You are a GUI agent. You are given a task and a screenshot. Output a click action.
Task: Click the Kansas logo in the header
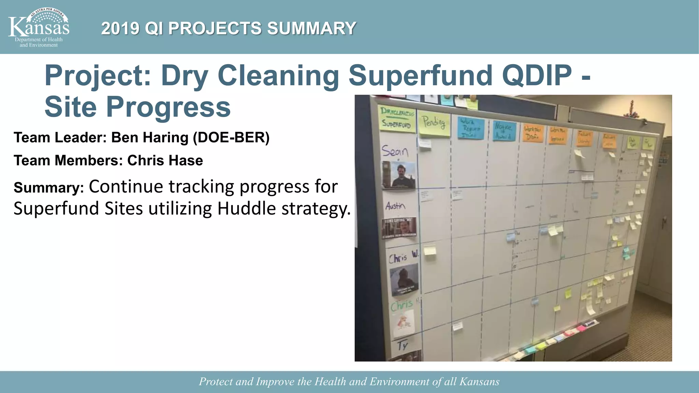pos(39,27)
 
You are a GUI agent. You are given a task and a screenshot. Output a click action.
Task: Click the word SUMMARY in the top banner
pos(311,28)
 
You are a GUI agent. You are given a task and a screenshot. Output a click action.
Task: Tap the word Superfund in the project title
pos(420,75)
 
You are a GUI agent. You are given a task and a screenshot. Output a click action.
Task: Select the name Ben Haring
pos(149,137)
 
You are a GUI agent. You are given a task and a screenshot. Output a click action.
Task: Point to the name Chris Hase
pos(165,160)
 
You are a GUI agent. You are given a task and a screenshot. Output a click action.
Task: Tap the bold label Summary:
pos(48,188)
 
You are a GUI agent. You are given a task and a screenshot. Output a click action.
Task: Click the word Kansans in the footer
pos(479,381)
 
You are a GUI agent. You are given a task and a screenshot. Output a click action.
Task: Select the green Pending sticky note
pos(434,123)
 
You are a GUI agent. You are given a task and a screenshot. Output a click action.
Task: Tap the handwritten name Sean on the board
pos(395,151)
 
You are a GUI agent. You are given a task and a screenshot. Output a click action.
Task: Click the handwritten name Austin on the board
pos(395,206)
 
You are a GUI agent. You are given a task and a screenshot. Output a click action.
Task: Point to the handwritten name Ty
pos(403,345)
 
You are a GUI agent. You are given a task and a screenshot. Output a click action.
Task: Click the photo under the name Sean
pos(399,175)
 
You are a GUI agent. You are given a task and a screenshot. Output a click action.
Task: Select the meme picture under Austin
pos(399,228)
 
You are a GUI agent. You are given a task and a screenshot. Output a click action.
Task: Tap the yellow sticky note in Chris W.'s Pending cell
pos(430,251)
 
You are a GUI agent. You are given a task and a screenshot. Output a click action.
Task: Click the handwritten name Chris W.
pos(403,257)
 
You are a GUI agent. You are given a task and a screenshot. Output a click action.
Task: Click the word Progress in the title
pos(168,107)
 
